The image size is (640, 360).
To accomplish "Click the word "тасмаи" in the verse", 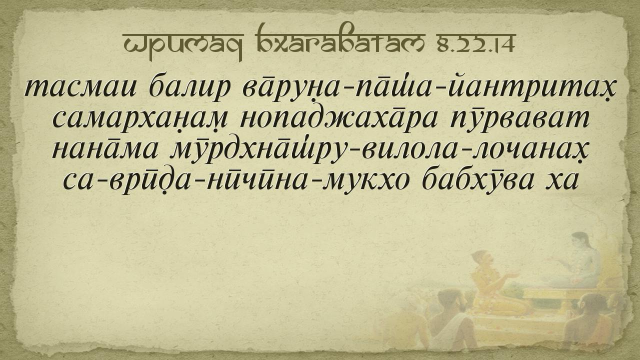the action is (x=79, y=87).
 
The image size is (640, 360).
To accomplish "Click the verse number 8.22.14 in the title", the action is (x=475, y=44).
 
